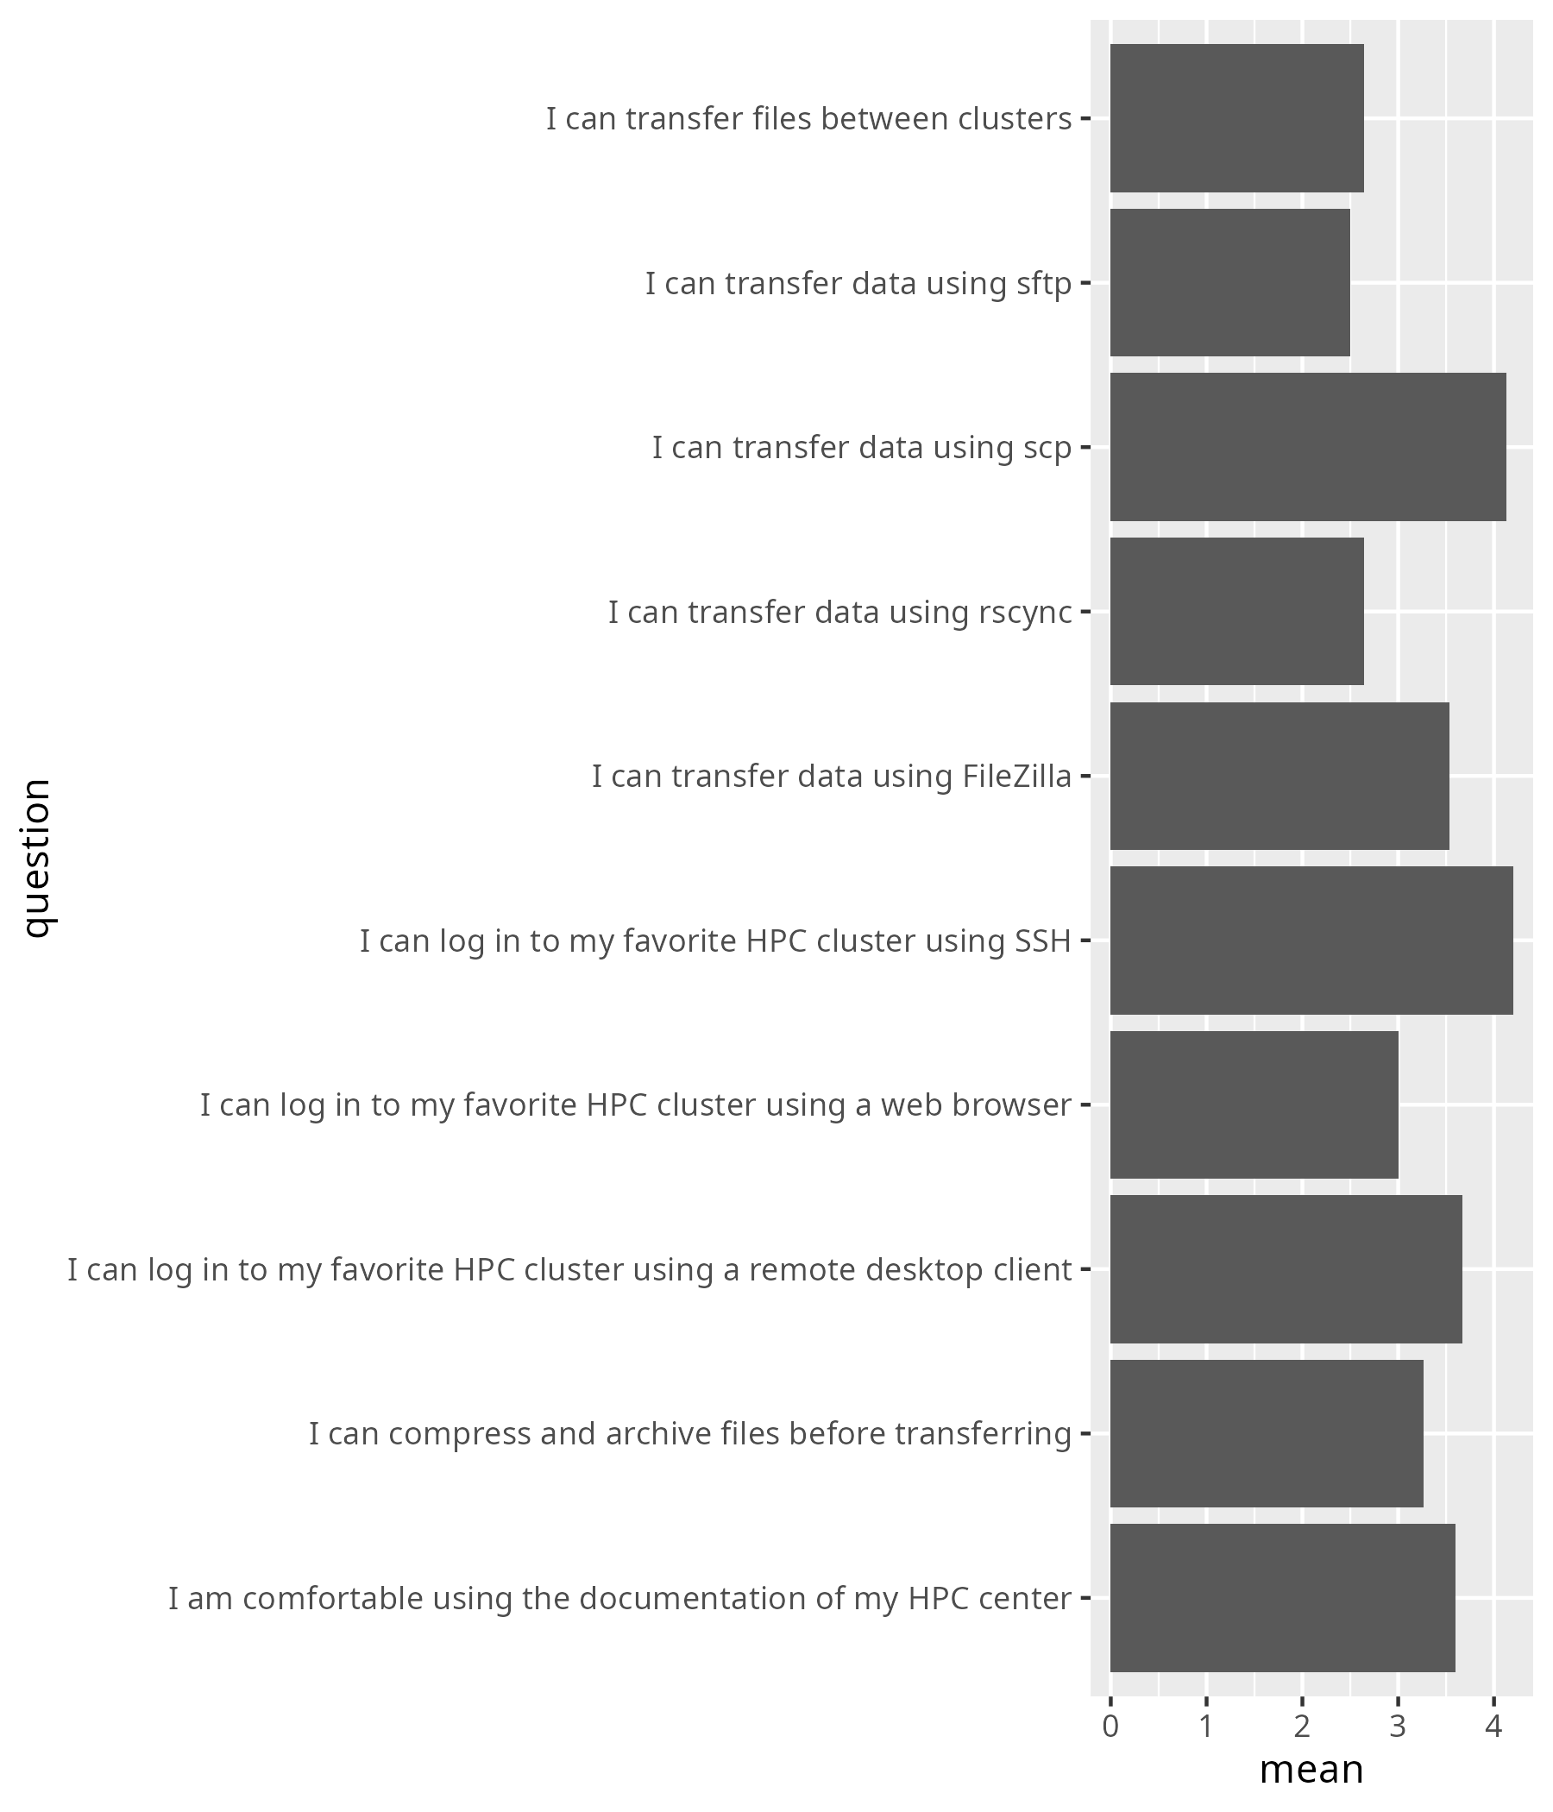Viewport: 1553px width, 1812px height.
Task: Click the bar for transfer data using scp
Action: tap(1307, 447)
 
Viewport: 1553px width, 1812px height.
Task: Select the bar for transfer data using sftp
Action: tap(1229, 282)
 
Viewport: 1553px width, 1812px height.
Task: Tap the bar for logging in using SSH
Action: tap(1311, 941)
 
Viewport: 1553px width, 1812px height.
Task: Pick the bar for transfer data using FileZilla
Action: tap(1279, 776)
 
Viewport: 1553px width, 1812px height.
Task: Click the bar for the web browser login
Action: tap(1254, 1104)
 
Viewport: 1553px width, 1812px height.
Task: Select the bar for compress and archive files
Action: tap(1267, 1433)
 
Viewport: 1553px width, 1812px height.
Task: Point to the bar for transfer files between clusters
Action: tap(1236, 118)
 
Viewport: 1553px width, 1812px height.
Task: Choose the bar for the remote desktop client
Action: tap(1286, 1269)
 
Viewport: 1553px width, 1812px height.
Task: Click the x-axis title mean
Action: tap(1311, 1769)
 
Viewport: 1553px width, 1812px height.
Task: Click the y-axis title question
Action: tap(37, 858)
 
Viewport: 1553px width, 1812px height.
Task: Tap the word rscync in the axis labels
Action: tap(1025, 613)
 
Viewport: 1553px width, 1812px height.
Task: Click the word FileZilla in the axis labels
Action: tap(1017, 777)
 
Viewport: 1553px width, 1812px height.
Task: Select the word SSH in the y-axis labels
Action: tap(1042, 941)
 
